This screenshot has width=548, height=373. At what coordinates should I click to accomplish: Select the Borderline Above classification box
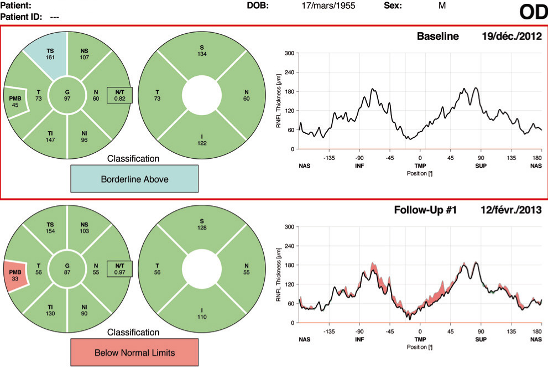tap(134, 180)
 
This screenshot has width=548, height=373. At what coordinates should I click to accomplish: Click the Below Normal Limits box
tap(134, 352)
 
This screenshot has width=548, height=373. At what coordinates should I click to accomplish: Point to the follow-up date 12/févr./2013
tap(510, 210)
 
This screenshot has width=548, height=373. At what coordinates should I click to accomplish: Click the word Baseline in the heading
tap(438, 37)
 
